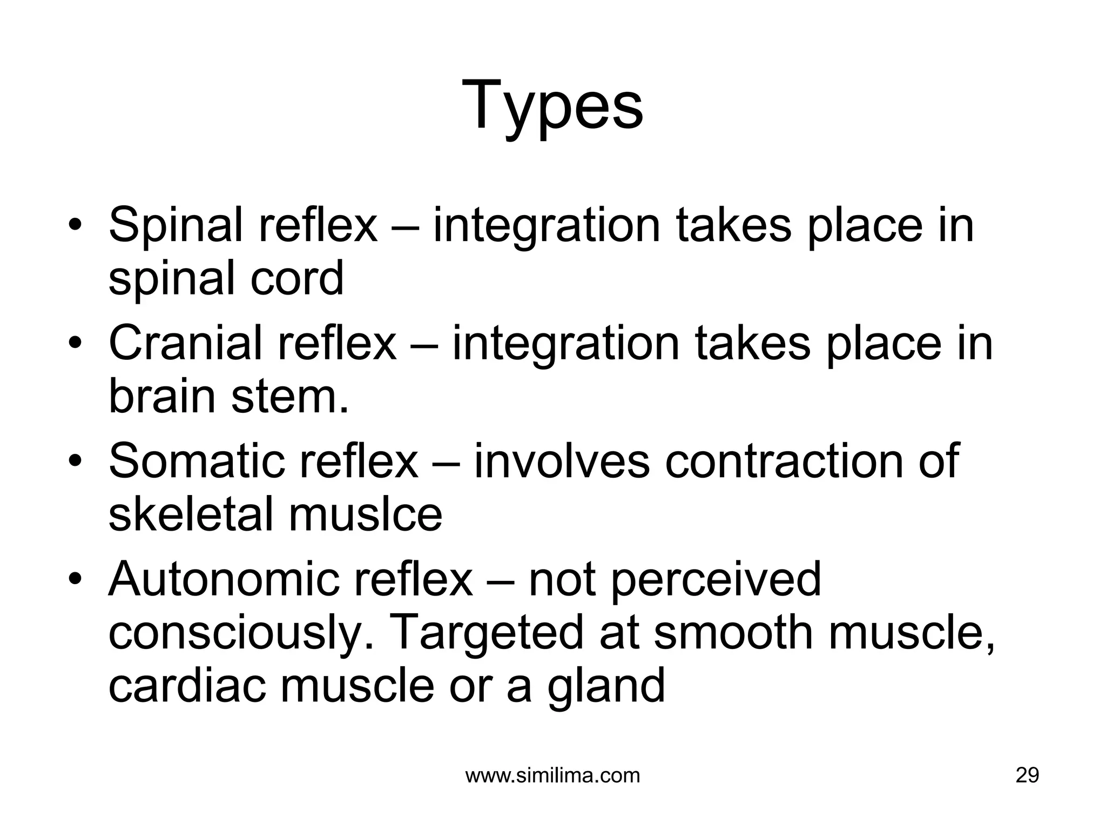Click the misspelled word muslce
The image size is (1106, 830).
coord(366,514)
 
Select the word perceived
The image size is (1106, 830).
coord(716,580)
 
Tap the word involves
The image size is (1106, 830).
coord(562,461)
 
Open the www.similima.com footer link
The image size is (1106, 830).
coord(552,775)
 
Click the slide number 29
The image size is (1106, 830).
coord(1027,775)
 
